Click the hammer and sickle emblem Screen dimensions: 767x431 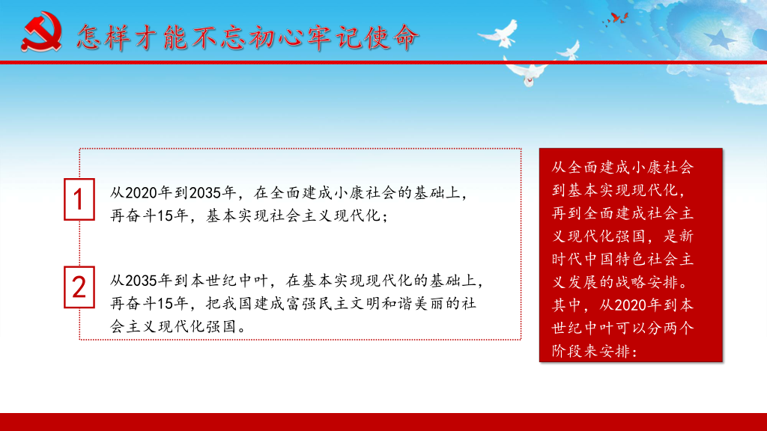coord(41,31)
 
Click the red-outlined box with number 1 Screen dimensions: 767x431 coord(79,199)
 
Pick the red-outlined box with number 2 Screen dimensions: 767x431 coord(79,287)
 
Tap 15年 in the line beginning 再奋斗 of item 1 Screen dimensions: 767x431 coord(174,215)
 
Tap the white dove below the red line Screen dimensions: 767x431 coord(527,73)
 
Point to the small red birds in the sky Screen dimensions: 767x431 coord(617,19)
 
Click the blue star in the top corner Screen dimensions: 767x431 coord(721,39)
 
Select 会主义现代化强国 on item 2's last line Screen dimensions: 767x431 coord(174,326)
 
